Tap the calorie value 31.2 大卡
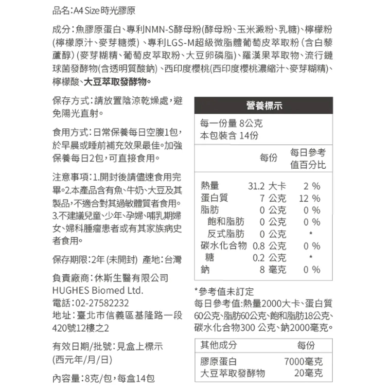point(267,186)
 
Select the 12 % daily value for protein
point(310,198)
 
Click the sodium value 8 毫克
point(272,269)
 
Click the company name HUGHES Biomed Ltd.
point(97,291)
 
